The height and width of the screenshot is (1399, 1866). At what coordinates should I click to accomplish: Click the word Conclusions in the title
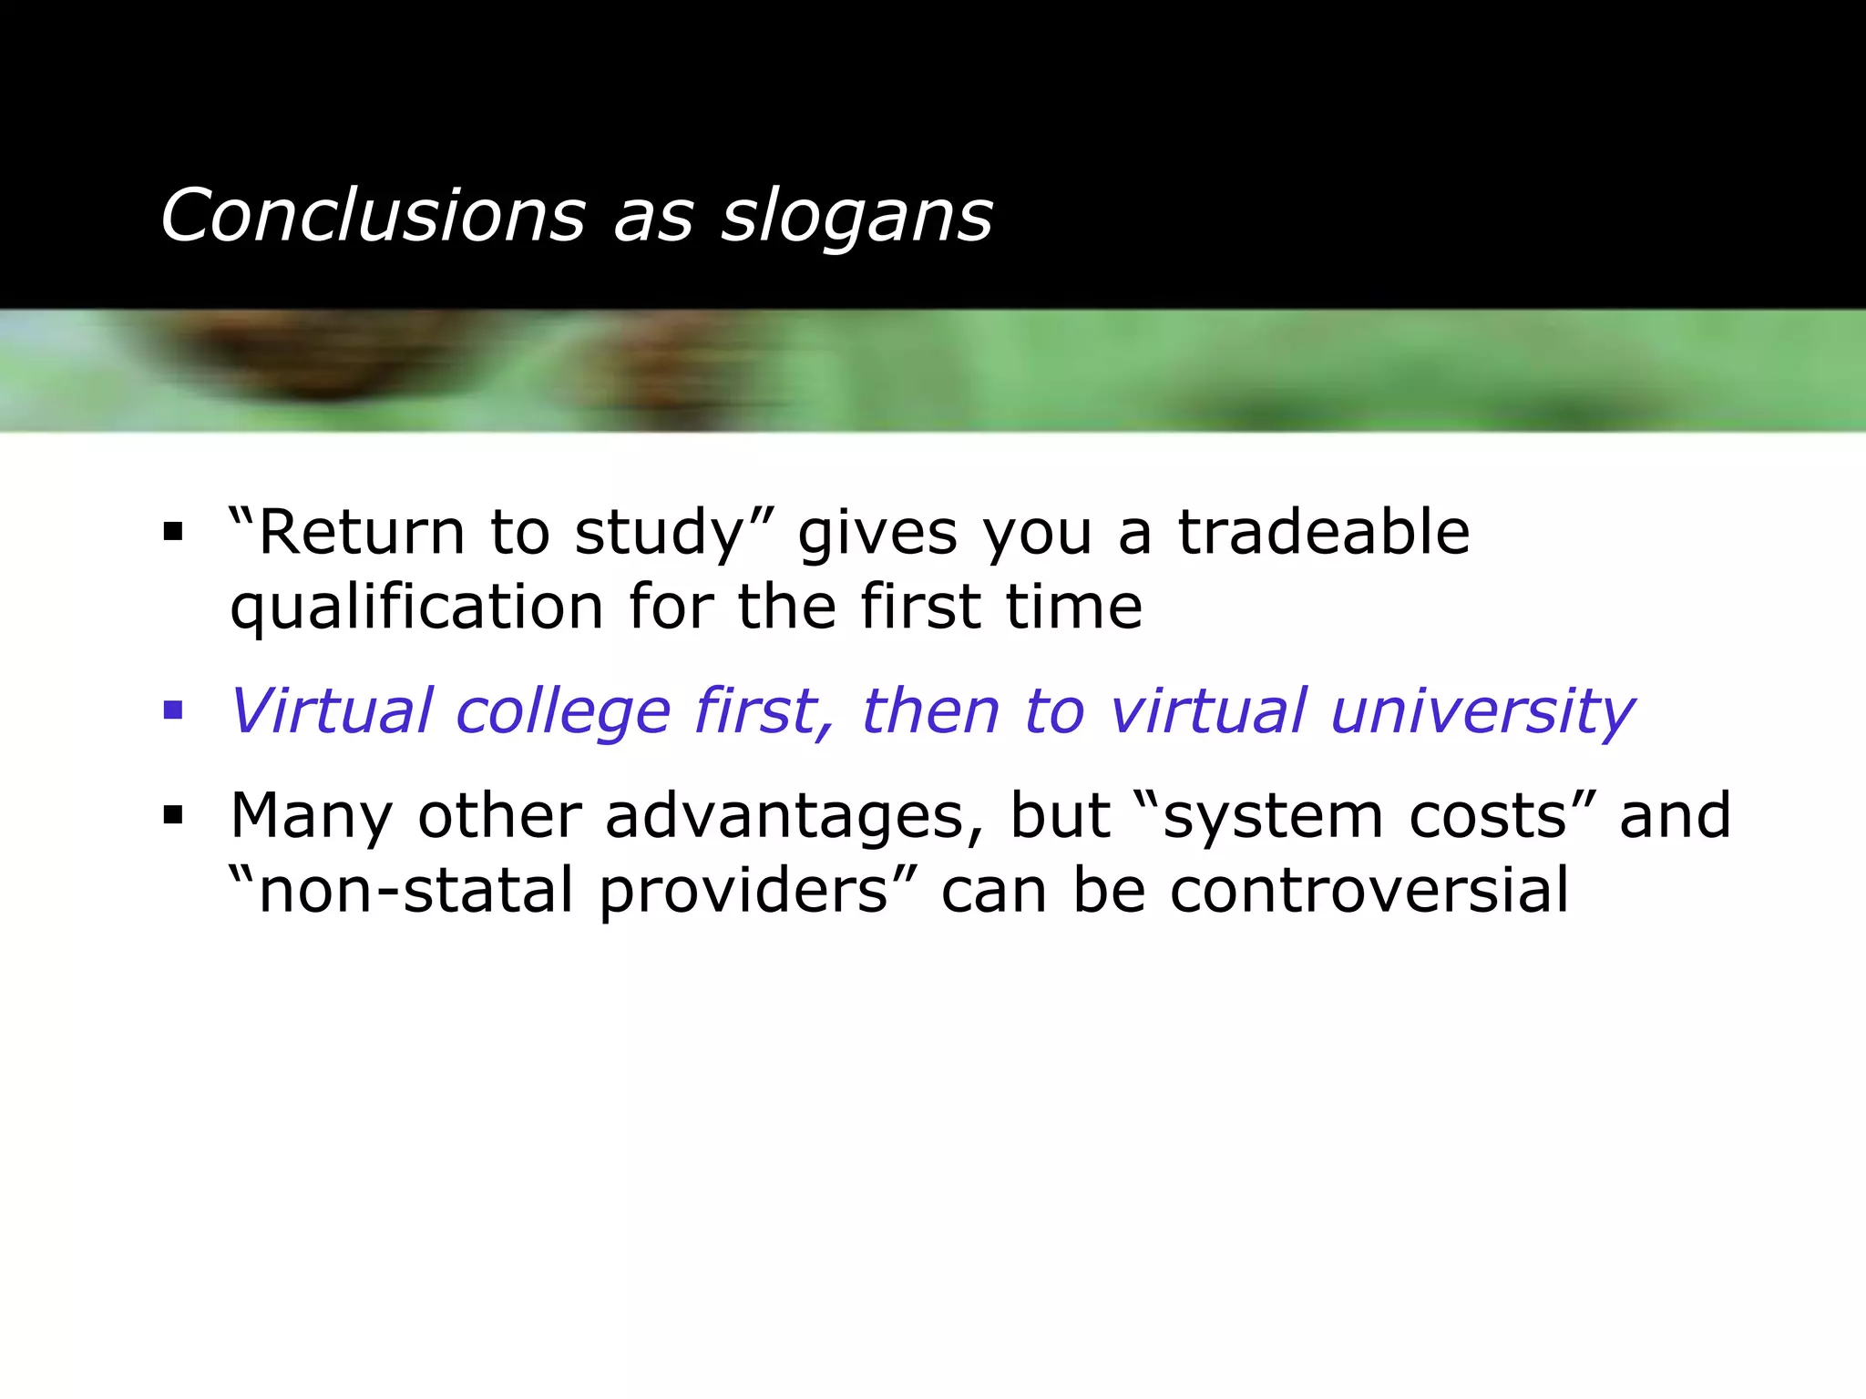click(373, 216)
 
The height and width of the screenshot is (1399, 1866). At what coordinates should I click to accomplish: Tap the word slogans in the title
click(856, 219)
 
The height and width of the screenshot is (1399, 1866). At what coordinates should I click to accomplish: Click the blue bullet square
click(173, 710)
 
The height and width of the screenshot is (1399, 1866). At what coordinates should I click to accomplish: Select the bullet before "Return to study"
click(173, 531)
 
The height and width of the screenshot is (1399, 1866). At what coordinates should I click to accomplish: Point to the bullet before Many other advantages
click(173, 814)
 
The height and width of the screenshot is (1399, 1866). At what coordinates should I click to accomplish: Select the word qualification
click(416, 608)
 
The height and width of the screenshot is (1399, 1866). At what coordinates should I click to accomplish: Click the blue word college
click(563, 712)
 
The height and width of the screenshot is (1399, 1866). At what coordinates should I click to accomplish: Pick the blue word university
click(1482, 712)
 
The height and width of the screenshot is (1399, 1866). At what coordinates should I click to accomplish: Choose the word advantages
click(793, 816)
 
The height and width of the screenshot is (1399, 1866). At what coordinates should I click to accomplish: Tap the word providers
click(743, 891)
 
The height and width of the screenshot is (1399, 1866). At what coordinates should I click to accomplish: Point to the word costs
click(1487, 816)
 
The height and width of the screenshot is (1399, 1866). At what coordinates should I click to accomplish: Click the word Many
click(311, 816)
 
